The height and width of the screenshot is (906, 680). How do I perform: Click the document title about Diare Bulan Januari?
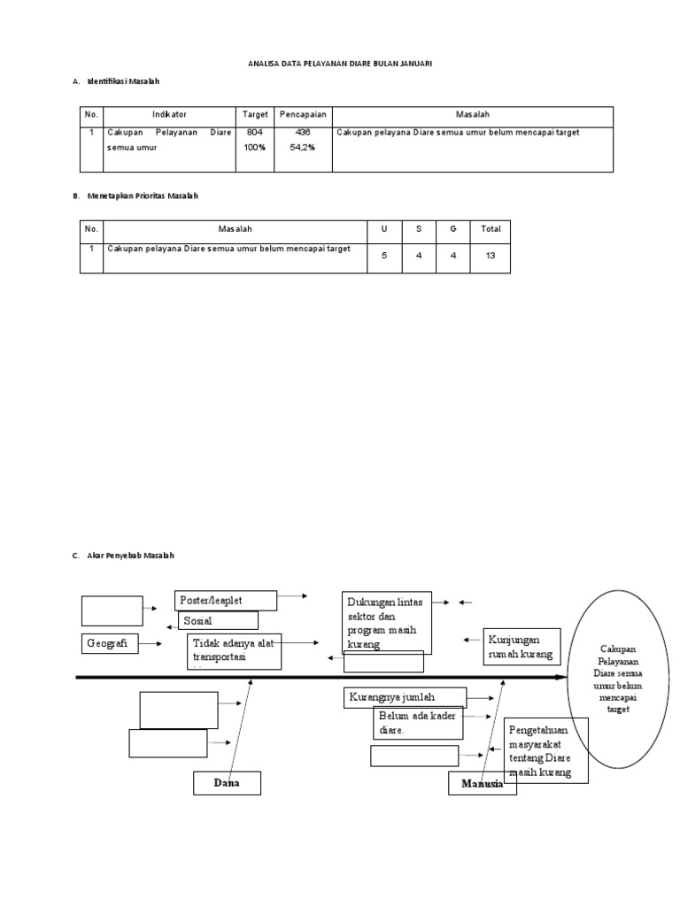pos(339,65)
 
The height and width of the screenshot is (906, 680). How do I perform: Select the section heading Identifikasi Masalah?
pos(123,82)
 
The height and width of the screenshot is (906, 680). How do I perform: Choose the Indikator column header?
pos(169,115)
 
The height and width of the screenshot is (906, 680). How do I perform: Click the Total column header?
pos(491,228)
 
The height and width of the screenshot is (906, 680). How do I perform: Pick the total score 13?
pos(491,255)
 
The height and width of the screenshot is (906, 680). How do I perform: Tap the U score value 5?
pos(383,255)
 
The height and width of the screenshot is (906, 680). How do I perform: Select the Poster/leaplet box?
pos(226,601)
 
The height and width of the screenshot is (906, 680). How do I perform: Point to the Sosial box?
pos(217,621)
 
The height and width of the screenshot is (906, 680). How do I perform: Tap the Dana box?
pos(227,783)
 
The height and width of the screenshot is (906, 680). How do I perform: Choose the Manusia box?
pos(482,784)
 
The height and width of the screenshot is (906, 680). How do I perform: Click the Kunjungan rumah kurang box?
pos(522,647)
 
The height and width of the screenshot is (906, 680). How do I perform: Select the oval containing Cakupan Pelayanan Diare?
pos(618,679)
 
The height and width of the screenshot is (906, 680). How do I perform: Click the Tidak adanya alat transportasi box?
pos(234,650)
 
